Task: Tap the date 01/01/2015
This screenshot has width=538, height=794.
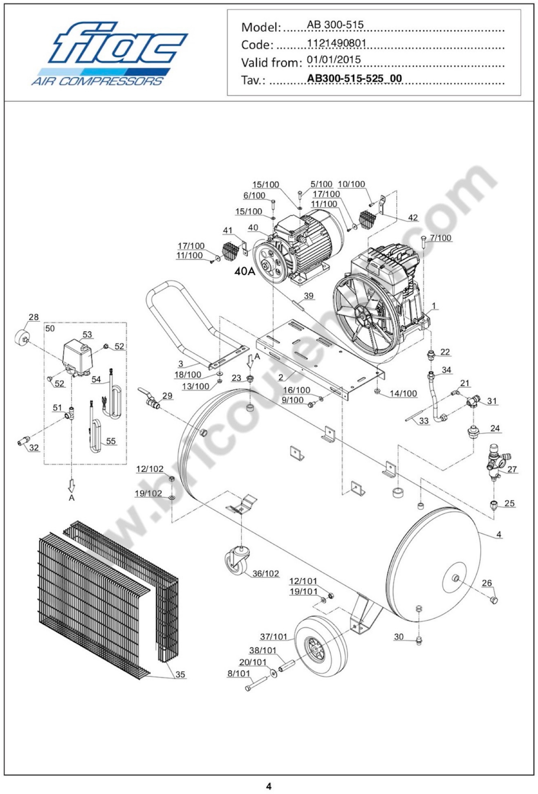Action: (x=334, y=60)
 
